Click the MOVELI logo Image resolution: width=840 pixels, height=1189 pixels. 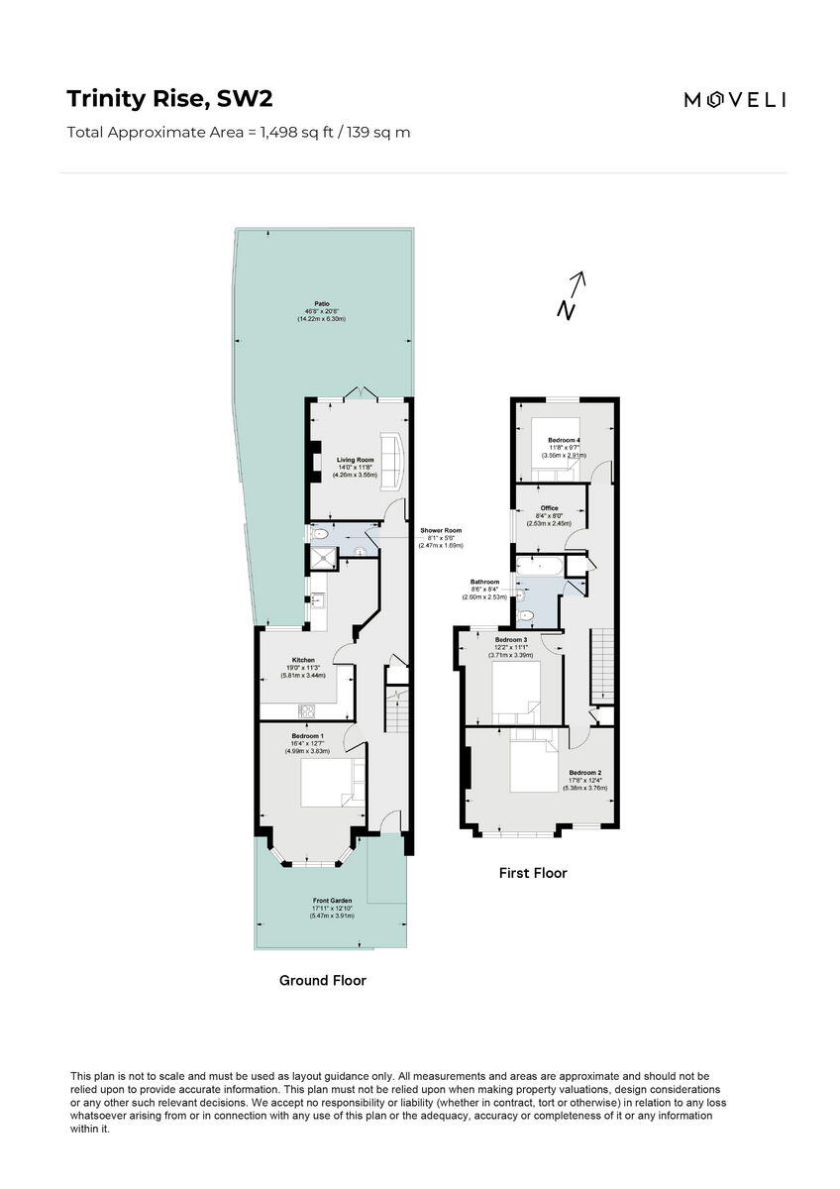point(735,99)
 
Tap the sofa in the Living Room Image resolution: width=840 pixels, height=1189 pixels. point(390,461)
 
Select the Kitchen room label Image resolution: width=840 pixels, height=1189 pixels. point(303,660)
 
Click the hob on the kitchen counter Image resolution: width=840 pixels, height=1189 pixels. point(306,709)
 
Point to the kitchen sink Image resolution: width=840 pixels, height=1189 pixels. point(317,600)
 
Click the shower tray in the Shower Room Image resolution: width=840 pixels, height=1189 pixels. point(321,560)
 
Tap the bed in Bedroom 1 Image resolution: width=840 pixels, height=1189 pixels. point(325,784)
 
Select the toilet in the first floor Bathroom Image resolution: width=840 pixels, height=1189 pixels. point(527,616)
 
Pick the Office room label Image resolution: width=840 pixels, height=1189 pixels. point(550,508)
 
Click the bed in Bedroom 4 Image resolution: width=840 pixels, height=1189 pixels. point(558,444)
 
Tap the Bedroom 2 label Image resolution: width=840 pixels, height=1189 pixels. point(584,773)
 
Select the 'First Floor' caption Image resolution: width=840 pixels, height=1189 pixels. point(533,873)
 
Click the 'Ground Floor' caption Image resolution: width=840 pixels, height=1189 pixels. point(323,980)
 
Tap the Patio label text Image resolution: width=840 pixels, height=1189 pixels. point(322,303)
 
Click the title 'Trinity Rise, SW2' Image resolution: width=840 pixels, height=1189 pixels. point(169,99)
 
